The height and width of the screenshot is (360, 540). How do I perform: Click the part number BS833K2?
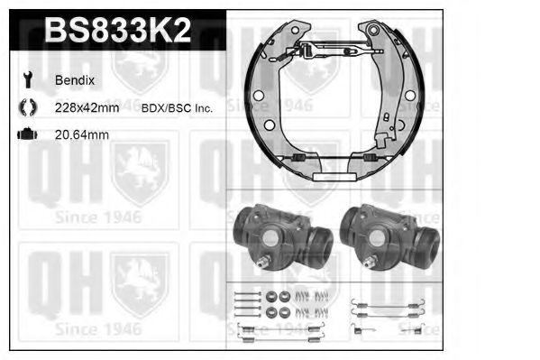(x=118, y=32)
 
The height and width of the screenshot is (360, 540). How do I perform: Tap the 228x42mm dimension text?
(x=87, y=107)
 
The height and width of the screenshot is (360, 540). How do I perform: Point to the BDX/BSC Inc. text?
(x=177, y=107)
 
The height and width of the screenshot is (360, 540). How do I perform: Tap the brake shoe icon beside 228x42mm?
(x=26, y=107)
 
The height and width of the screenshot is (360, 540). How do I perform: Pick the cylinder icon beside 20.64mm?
(x=26, y=134)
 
